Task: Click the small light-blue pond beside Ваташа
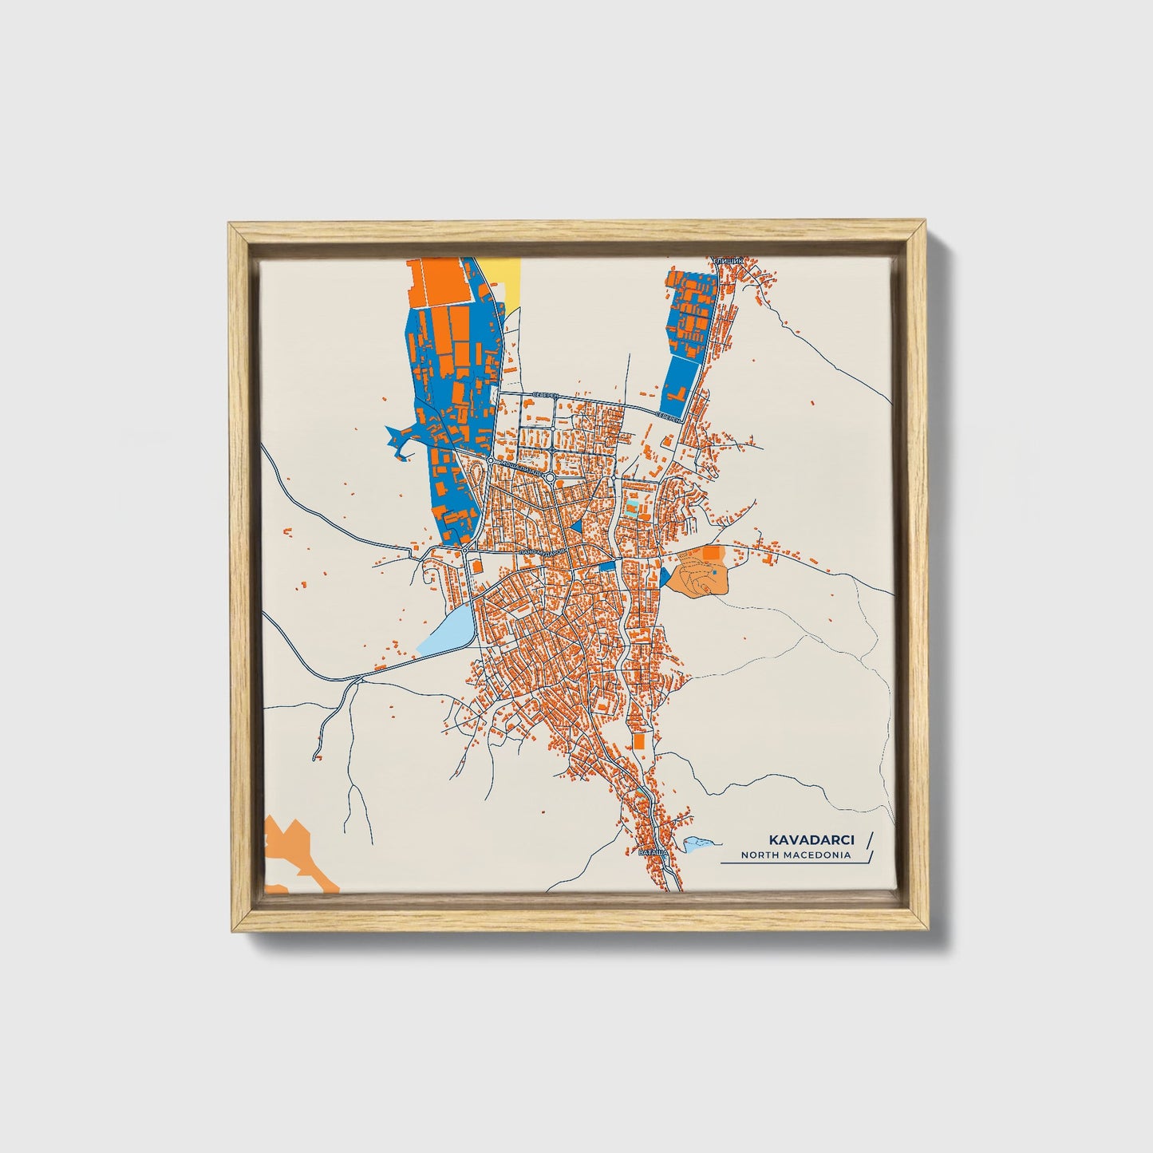697,843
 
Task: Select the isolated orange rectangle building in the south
638,740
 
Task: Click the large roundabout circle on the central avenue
550,476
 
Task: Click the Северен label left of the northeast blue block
669,416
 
